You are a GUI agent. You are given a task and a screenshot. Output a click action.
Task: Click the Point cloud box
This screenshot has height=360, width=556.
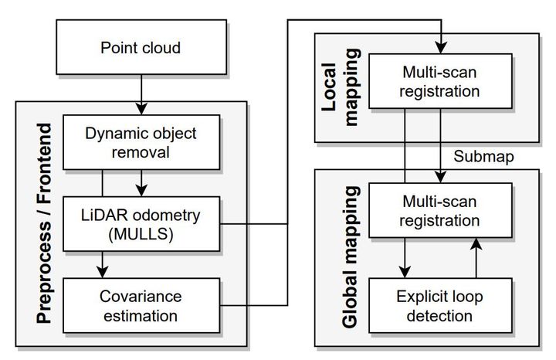click(141, 47)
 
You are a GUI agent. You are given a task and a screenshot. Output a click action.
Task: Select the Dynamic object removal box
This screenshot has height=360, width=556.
click(141, 142)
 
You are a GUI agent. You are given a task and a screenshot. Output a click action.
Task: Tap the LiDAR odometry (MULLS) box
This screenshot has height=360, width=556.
click(141, 224)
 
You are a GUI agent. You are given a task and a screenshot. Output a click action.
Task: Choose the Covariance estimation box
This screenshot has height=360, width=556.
click(141, 305)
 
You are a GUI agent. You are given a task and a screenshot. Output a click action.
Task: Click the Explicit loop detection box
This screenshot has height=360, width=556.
click(440, 305)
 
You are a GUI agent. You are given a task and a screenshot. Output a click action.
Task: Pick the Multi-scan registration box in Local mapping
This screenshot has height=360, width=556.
click(440, 81)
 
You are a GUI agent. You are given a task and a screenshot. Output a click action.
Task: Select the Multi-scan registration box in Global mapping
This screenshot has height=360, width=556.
click(440, 210)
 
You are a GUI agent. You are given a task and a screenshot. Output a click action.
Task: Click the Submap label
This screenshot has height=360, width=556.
click(483, 156)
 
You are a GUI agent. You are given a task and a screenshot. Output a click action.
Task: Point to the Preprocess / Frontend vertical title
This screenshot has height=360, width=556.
click(44, 223)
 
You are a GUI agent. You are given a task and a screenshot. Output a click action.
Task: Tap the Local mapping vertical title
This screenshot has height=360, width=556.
click(341, 87)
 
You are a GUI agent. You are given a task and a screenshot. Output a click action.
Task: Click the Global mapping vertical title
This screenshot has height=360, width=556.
click(351, 256)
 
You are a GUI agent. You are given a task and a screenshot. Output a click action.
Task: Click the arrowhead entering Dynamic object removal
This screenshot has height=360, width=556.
click(141, 109)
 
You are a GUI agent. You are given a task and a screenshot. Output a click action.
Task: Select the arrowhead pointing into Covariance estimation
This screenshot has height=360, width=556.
click(103, 273)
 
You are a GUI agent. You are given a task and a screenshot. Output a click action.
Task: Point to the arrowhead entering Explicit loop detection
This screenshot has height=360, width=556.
click(405, 273)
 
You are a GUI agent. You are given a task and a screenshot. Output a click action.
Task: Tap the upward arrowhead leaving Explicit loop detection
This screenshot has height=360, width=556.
click(476, 243)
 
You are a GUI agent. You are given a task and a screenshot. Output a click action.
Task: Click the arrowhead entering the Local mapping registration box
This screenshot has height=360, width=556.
click(441, 48)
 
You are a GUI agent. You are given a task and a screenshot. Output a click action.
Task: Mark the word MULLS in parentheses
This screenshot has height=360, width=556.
click(141, 234)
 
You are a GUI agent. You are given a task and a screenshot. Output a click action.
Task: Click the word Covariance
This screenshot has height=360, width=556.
click(141, 297)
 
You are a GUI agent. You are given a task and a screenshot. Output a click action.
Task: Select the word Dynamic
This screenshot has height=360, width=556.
click(110, 134)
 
